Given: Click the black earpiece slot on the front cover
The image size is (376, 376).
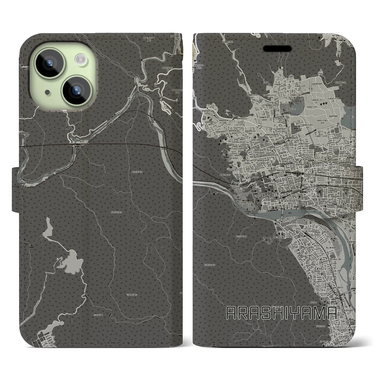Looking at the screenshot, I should [277, 48].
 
